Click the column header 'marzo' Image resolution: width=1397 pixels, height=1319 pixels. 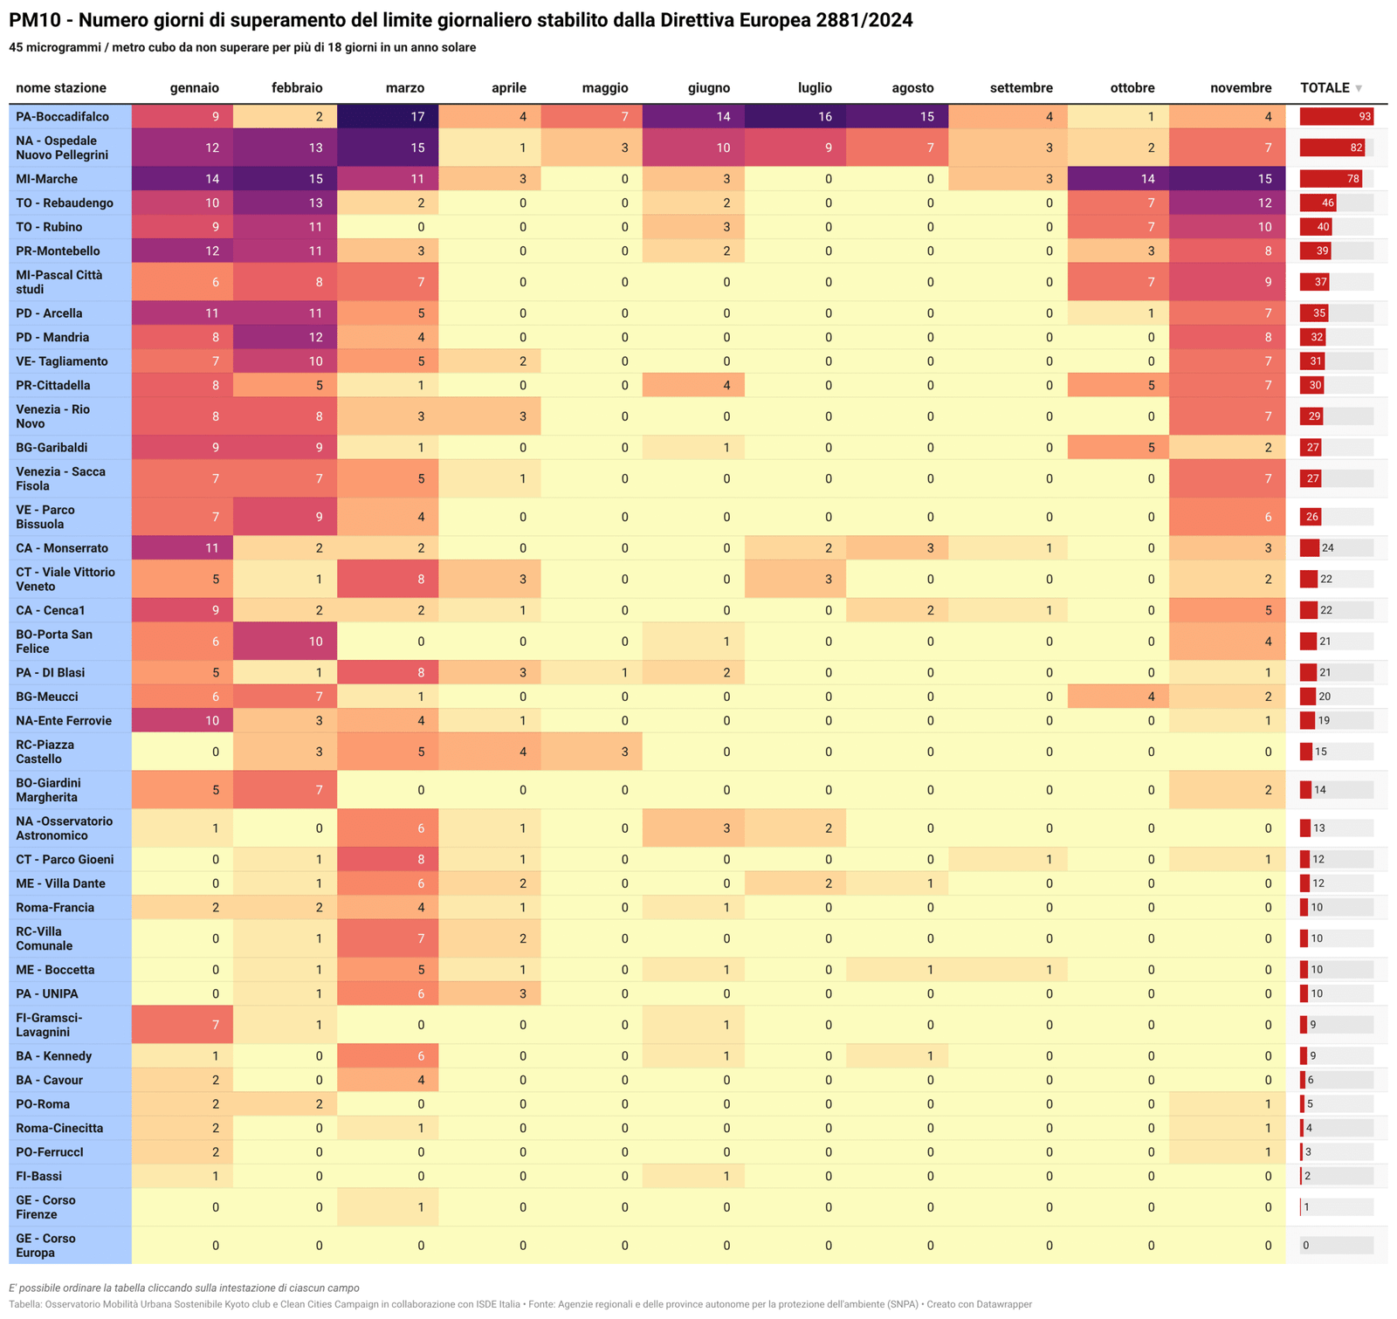404,88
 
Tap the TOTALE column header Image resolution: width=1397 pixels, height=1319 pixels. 1325,88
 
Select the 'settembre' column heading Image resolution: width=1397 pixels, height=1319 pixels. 1021,88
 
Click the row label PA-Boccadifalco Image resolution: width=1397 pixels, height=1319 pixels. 62,117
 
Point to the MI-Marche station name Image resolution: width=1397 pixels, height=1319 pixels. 46,179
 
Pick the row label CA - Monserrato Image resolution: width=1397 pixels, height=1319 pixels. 62,548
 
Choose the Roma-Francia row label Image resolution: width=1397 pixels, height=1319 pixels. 55,908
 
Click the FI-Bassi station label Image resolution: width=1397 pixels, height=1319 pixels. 38,1177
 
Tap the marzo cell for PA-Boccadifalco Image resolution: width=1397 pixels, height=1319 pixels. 388,117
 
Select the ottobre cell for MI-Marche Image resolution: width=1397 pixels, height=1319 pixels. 1118,179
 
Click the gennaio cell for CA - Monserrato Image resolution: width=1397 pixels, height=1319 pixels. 182,548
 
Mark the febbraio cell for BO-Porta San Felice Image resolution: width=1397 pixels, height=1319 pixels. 285,642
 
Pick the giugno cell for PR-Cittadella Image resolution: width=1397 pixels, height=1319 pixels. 693,386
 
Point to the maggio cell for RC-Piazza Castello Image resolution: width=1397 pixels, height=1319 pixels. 591,752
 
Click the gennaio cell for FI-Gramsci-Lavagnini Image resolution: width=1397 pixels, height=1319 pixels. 182,1025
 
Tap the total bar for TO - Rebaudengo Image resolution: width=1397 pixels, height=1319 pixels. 1318,203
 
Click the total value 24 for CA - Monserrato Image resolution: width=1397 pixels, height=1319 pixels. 1327,548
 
